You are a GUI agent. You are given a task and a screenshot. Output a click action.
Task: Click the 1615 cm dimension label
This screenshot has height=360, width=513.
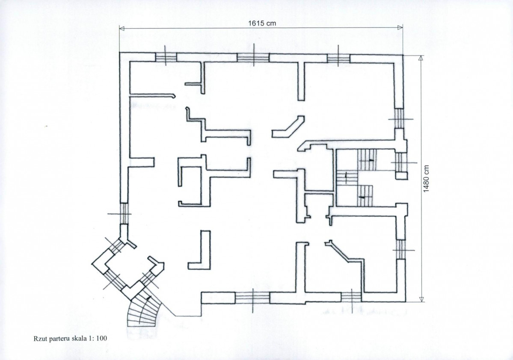(x=262, y=23)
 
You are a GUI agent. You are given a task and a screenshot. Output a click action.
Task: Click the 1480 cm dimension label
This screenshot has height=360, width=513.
(x=426, y=179)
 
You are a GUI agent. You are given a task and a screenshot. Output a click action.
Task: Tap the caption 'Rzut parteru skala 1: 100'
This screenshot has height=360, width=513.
(x=70, y=339)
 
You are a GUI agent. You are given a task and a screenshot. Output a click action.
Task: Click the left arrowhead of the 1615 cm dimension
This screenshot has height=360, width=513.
(x=122, y=29)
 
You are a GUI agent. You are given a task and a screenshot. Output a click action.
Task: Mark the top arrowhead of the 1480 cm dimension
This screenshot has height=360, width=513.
(x=421, y=58)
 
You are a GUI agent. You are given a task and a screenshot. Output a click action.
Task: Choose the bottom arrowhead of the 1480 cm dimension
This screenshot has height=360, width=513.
(x=421, y=299)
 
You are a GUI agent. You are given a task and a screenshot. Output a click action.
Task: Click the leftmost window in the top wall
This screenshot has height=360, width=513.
(x=166, y=57)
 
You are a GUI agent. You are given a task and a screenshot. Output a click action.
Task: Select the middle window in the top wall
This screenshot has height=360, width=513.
(x=253, y=58)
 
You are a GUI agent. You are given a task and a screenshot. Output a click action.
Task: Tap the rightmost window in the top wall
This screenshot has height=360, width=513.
(x=338, y=58)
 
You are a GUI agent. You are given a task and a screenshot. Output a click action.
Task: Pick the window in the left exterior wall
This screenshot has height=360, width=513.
(x=124, y=214)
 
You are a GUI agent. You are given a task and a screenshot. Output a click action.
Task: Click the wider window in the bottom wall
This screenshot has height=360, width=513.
(x=252, y=298)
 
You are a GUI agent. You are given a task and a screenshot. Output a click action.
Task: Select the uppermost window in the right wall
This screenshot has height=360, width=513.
(x=399, y=118)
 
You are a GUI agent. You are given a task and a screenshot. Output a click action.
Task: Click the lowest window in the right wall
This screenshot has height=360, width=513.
(x=401, y=250)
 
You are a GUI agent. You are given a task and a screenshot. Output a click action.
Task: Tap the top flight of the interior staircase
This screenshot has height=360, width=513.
(x=367, y=160)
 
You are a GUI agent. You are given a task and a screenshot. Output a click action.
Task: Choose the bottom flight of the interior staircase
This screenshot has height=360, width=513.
(x=365, y=196)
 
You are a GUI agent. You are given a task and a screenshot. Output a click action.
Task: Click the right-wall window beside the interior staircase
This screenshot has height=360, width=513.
(x=401, y=162)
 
